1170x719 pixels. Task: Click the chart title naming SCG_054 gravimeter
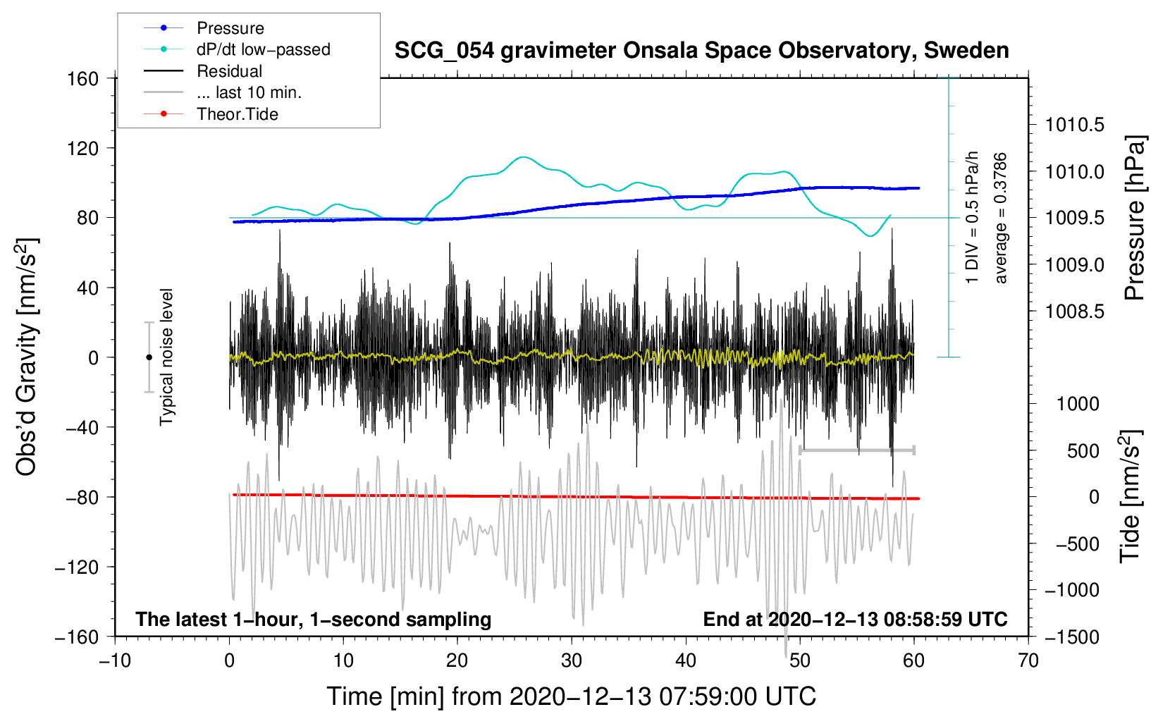click(701, 51)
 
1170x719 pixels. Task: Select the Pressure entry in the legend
click(230, 28)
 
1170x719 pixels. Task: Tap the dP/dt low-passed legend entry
click(263, 49)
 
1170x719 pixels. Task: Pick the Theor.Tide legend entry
click(237, 114)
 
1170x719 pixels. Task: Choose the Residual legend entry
click(229, 71)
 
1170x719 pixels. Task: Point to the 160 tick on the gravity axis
click(83, 78)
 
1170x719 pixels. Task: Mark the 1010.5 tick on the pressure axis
click(1074, 125)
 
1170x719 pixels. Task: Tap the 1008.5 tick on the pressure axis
click(1074, 312)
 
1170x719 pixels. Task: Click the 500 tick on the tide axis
click(1083, 450)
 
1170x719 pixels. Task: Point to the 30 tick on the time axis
click(572, 660)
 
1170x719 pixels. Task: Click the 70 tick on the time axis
click(1028, 660)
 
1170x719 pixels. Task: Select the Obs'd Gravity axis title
click(26, 357)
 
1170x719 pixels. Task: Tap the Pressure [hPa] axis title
click(1135, 219)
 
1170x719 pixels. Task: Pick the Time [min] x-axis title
click(571, 696)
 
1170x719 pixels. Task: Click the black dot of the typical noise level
click(149, 357)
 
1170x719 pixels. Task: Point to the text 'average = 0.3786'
click(1001, 219)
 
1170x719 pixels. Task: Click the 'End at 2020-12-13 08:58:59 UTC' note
click(855, 619)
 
